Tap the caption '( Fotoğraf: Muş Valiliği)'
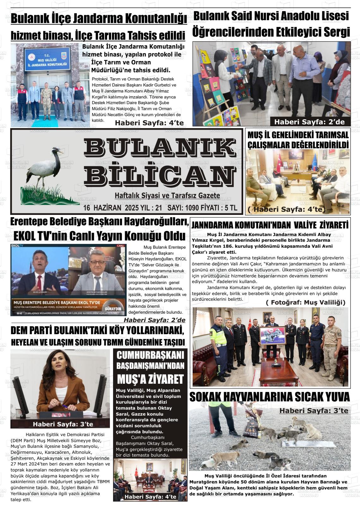[x=305, y=302]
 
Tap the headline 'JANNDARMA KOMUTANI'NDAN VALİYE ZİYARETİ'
[x=270, y=225]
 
